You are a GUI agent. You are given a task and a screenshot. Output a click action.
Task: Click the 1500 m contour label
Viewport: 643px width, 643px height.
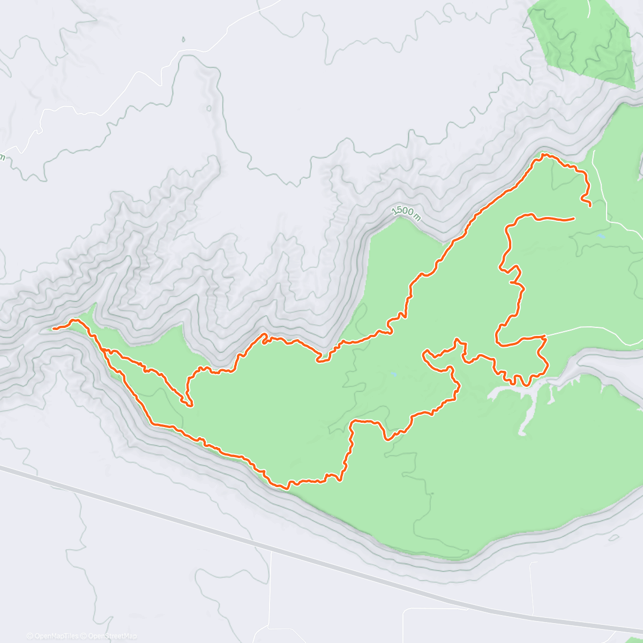tap(406, 213)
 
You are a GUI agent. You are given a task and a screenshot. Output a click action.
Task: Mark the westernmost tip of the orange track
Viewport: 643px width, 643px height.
tap(54, 327)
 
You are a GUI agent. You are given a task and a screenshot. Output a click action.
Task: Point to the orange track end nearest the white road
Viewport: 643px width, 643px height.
tap(590, 206)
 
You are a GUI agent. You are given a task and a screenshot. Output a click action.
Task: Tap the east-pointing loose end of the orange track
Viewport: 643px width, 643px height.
tap(573, 219)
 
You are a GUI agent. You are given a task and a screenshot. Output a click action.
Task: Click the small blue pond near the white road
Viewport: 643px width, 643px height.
tap(602, 235)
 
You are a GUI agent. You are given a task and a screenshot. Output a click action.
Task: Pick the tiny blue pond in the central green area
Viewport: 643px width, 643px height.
tap(394, 374)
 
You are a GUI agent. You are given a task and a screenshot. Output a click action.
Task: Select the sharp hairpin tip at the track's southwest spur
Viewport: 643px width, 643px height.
tap(190, 406)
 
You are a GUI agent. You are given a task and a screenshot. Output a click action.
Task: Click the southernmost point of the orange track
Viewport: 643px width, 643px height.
tap(282, 488)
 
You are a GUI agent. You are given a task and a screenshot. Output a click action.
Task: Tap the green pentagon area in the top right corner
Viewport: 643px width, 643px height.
tap(581, 40)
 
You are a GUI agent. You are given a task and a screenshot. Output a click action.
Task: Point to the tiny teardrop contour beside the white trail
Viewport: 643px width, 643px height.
tap(183, 39)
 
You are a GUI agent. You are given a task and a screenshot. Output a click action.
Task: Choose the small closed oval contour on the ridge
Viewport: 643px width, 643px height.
tap(208, 108)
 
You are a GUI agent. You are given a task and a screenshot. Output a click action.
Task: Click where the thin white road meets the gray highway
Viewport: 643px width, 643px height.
tap(271, 548)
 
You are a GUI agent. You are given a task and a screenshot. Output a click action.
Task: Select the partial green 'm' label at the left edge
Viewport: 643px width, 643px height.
tap(2, 157)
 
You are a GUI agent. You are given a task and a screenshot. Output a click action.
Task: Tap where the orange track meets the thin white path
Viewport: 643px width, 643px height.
tap(544, 336)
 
